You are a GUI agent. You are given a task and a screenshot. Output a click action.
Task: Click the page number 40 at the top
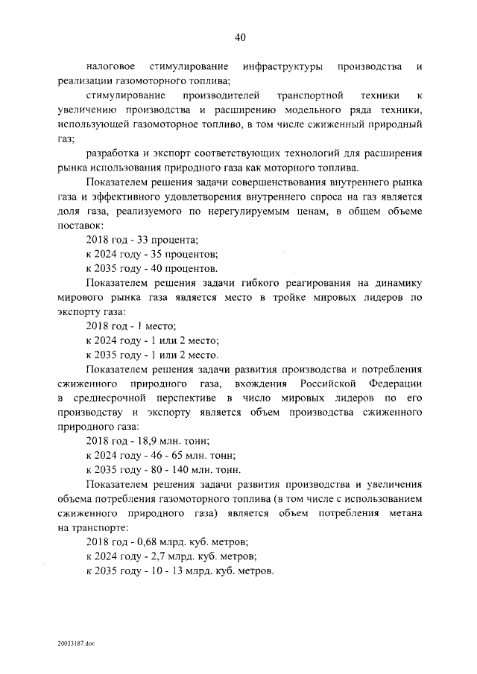coord(239,37)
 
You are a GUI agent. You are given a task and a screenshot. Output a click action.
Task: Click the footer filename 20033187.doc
coord(75,642)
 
